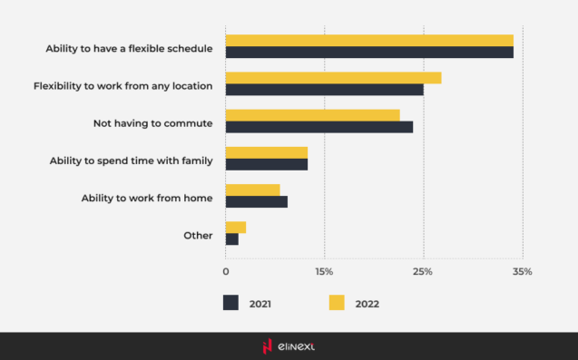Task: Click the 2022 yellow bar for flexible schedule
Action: pos(369,41)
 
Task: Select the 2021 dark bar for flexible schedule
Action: pos(369,53)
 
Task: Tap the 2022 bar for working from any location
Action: pos(333,78)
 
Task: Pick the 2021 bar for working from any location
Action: pos(324,90)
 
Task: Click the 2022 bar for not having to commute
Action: pos(312,115)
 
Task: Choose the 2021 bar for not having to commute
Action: pos(318,127)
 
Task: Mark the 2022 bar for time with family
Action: pos(267,152)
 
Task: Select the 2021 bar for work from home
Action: pos(257,201)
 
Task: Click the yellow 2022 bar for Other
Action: pos(236,227)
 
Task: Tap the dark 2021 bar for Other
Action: pos(232,239)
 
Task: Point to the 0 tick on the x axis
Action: pos(226,271)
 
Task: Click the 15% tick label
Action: pos(324,271)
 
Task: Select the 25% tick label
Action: pos(423,271)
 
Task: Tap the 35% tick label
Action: pos(522,271)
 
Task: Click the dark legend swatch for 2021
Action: pos(230,303)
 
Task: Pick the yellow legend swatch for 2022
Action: pos(337,303)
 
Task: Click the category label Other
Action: pos(198,235)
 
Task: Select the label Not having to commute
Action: pos(152,122)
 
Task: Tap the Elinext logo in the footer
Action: pos(289,345)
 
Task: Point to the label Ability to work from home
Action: pos(147,198)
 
